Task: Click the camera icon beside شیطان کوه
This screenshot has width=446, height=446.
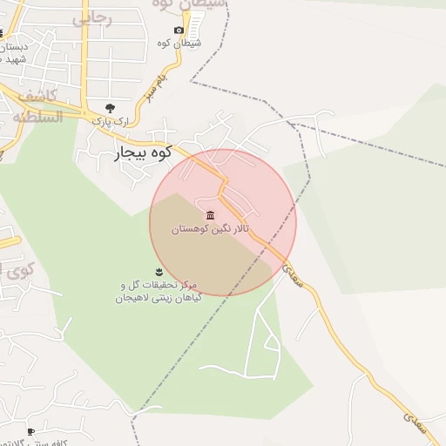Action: [179, 30]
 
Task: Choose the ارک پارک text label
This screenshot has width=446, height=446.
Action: [111, 121]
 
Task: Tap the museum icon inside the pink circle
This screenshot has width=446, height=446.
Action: [209, 215]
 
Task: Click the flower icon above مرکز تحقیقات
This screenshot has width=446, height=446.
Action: [158, 272]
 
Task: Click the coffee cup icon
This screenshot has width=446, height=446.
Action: [30, 431]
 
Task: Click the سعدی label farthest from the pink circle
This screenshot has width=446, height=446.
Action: [415, 422]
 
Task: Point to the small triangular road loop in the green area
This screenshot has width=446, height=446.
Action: [267, 348]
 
